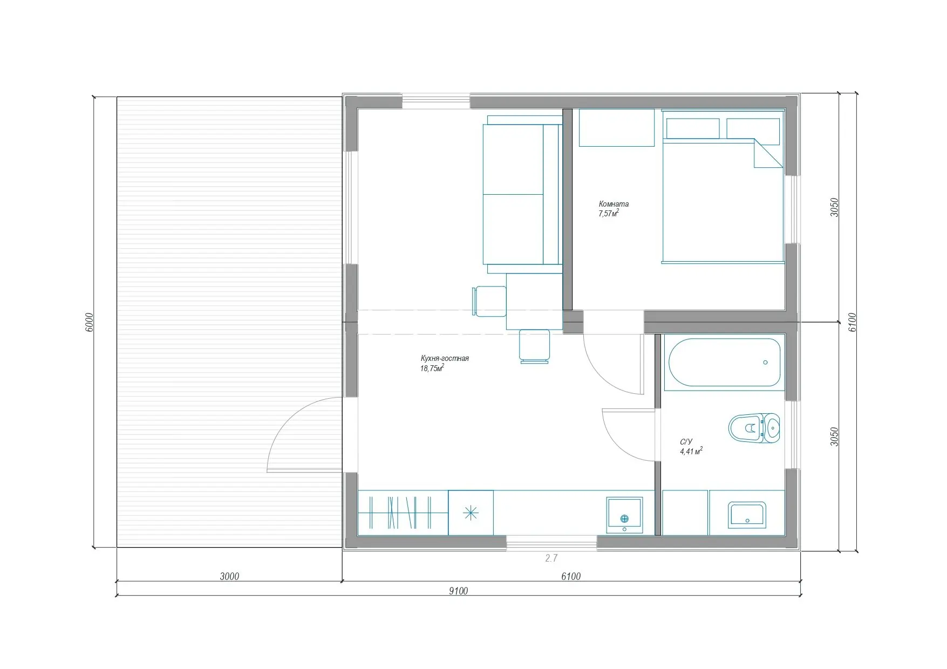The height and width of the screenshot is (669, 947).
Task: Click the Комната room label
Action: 614,204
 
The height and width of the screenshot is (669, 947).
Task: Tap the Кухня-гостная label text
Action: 445,358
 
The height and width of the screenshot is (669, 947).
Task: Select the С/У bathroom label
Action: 686,442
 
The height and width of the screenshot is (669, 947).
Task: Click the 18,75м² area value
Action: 432,368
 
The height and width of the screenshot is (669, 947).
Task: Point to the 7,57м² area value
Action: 608,213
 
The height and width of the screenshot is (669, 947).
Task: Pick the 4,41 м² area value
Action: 691,451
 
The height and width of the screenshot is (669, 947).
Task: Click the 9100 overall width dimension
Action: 458,591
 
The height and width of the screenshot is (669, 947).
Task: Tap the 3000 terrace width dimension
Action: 229,576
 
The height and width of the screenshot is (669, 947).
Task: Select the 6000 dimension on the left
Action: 90,322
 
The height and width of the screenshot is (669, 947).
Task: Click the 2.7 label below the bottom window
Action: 551,558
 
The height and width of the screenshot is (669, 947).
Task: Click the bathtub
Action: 725,361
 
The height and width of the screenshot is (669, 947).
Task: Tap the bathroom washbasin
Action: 747,515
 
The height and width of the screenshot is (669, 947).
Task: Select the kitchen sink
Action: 624,515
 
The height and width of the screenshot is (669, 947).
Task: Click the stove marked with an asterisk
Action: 471,513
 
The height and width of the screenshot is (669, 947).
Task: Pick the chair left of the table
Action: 489,301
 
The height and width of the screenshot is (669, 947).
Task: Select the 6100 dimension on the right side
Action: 851,322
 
